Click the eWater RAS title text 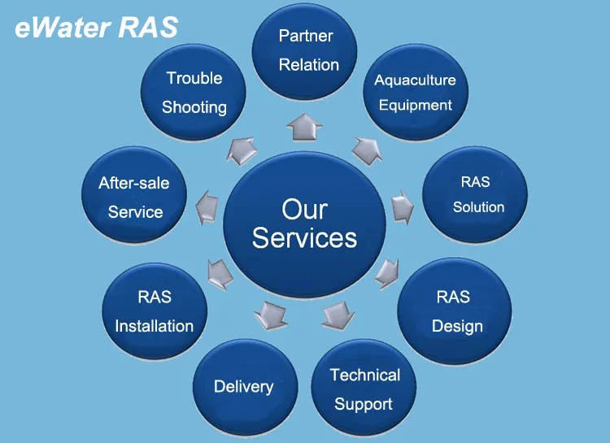pyautogui.click(x=96, y=27)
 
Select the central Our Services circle pyautogui.click(x=304, y=223)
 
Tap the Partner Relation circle pyautogui.click(x=306, y=50)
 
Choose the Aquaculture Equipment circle pyautogui.click(x=415, y=93)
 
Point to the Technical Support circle pyautogui.click(x=364, y=389)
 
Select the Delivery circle pyautogui.click(x=243, y=387)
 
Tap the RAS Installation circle pyautogui.click(x=155, y=311)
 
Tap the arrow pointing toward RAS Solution pyautogui.click(x=403, y=206)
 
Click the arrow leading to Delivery pyautogui.click(x=271, y=313)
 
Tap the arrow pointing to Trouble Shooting pyautogui.click(x=242, y=150)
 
